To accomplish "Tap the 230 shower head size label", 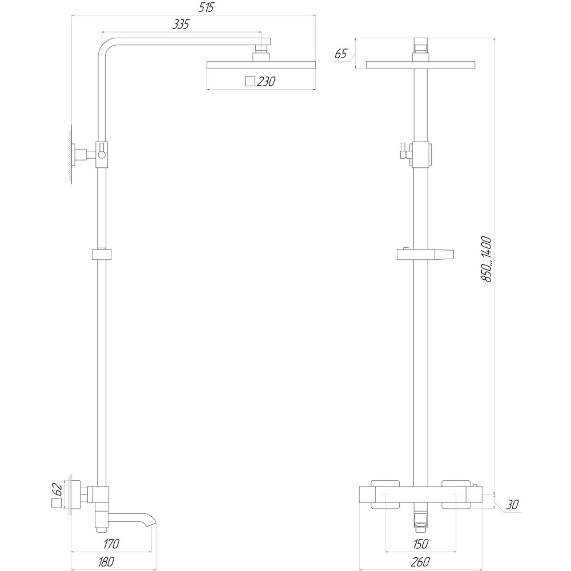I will pyautogui.click(x=266, y=82).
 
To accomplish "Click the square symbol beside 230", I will pyautogui.click(x=249, y=82).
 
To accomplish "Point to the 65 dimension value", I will pyautogui.click(x=341, y=54).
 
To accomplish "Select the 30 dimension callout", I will pyautogui.click(x=513, y=505).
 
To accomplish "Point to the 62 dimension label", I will pyautogui.click(x=56, y=488).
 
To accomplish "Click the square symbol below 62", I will pyautogui.click(x=56, y=503).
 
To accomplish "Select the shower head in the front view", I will pyautogui.click(x=420, y=65).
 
